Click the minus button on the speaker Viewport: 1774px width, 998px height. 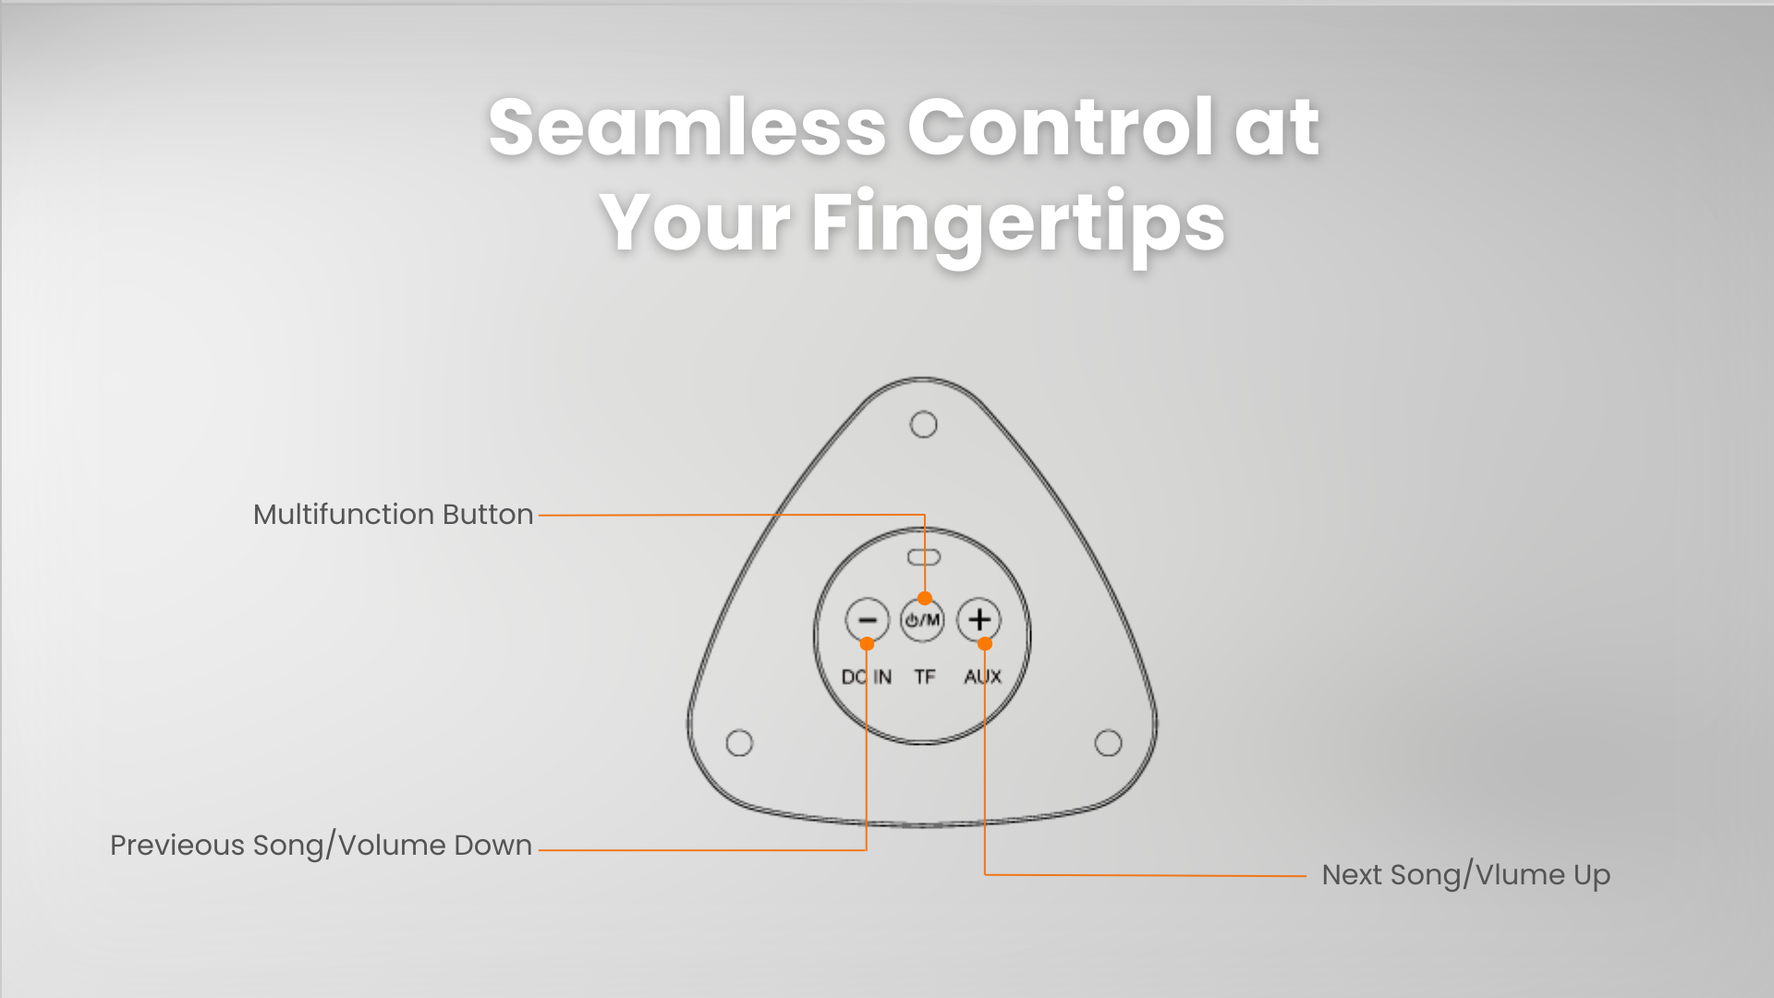click(x=867, y=619)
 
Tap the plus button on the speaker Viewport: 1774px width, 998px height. click(x=979, y=619)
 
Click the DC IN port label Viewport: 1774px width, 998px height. click(x=867, y=677)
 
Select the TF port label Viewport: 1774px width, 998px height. click(x=925, y=677)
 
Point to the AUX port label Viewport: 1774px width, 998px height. click(x=982, y=677)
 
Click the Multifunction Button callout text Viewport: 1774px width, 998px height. click(x=394, y=515)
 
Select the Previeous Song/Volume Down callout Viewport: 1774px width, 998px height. click(x=322, y=846)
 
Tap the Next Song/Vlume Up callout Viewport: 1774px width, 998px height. click(x=1466, y=875)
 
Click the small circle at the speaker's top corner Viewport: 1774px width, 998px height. click(x=923, y=424)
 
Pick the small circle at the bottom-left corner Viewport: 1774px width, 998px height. click(x=739, y=743)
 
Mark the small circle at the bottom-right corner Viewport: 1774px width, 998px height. click(x=1108, y=743)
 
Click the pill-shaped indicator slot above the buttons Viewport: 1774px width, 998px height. click(x=923, y=557)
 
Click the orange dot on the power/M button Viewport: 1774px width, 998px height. click(x=925, y=598)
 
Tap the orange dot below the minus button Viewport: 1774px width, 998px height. click(x=867, y=643)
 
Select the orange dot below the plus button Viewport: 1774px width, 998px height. click(x=985, y=643)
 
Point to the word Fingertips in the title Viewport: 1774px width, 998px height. click(x=1018, y=222)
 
